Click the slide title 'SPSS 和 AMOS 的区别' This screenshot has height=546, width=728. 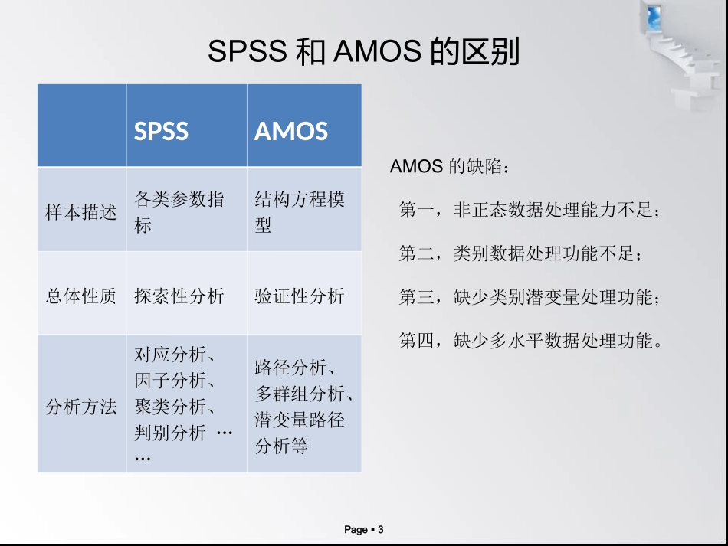click(364, 52)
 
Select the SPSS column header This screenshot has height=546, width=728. click(162, 131)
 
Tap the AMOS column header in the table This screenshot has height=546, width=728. click(291, 131)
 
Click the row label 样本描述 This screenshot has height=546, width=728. click(81, 212)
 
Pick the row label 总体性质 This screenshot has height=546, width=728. click(81, 296)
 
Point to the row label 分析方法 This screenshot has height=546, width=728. click(81, 407)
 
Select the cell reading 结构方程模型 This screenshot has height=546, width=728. click(300, 212)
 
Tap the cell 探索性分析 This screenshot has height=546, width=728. click(179, 296)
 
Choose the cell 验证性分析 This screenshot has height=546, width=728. click(300, 296)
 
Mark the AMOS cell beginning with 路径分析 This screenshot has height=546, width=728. click(303, 407)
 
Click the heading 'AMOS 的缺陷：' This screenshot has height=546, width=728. click(448, 167)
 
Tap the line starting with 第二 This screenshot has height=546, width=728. click(520, 253)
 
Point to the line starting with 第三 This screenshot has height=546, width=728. click(529, 297)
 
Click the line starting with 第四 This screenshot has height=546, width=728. click(529, 340)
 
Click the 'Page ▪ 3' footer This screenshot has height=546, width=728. click(364, 529)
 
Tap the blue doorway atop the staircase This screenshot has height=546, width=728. click(654, 17)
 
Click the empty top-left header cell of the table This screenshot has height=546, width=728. click(82, 126)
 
